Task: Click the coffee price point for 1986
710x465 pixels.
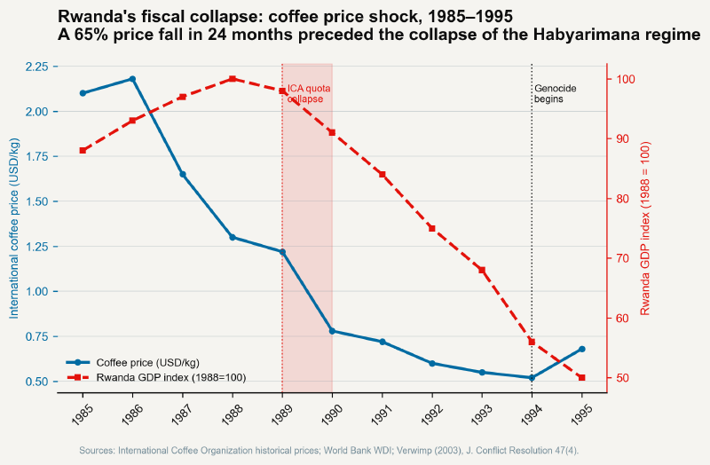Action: pyautogui.click(x=132, y=79)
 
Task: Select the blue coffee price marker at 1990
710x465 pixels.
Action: pyautogui.click(x=332, y=331)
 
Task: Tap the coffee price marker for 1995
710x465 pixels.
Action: pyautogui.click(x=581, y=349)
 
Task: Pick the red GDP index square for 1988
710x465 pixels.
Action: pyautogui.click(x=233, y=79)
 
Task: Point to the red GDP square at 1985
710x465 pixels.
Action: pyautogui.click(x=83, y=151)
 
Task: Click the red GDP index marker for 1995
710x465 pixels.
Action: pyautogui.click(x=581, y=378)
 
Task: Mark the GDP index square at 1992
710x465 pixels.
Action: pyautogui.click(x=432, y=228)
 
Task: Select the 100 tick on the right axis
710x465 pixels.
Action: pyautogui.click(x=625, y=79)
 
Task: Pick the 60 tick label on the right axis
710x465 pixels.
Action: pyautogui.click(x=622, y=319)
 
